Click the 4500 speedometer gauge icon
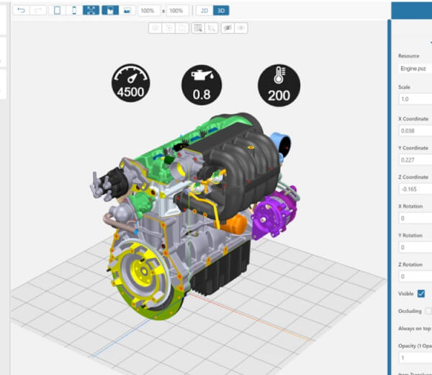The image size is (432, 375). pos(130,82)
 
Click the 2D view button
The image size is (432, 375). pos(204,11)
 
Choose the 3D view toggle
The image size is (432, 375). pos(221,11)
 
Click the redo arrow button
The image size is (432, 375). pos(38,11)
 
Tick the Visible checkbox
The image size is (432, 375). pos(421,294)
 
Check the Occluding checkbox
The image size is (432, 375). pos(428,311)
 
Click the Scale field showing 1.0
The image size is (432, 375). pos(414,100)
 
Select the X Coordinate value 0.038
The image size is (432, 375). pos(414,131)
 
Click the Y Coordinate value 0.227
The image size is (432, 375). pos(414,160)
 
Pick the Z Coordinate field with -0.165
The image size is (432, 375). pos(414,189)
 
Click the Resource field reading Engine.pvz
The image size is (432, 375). pos(414,69)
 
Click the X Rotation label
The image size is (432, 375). pos(410,206)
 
